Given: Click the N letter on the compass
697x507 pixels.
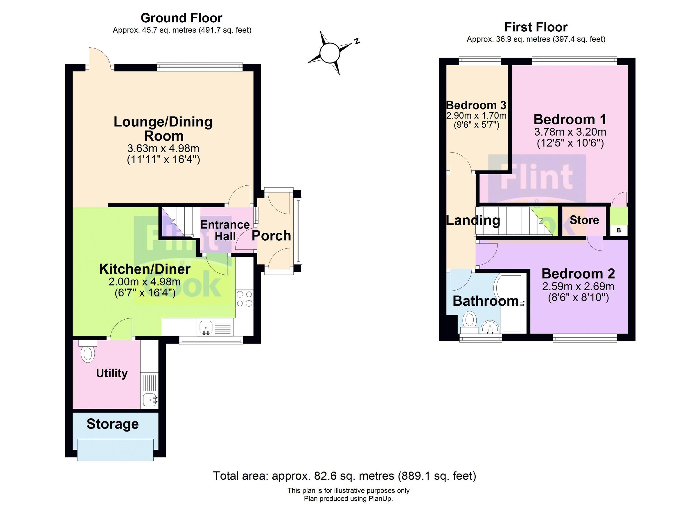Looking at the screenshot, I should point(357,41).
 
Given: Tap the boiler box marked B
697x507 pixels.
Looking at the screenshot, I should point(618,230).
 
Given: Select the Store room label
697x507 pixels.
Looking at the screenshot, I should point(584,220).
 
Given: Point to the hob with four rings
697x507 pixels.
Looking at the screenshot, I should point(245,299).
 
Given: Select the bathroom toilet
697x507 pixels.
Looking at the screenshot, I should point(469,321).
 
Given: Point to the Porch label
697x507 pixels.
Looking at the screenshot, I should point(271,236).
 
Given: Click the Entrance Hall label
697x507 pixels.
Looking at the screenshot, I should point(225,231).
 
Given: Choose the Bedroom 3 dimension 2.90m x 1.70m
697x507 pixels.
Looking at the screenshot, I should point(476,116).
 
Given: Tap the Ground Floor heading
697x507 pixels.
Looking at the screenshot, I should point(181,18).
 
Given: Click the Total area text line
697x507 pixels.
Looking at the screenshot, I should point(344,476).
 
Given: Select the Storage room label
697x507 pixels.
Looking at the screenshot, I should point(112,424).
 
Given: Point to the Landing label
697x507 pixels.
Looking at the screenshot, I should point(473,221).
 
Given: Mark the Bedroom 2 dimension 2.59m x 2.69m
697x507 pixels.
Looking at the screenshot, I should point(578,286).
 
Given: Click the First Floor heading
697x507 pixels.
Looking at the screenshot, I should point(536,27).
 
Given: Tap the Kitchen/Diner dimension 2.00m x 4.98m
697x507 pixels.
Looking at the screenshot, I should point(144,282).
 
